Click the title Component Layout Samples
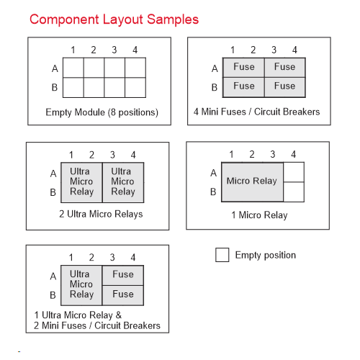click(114, 19)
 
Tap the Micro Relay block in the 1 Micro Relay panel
click(252, 182)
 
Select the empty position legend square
click(222, 255)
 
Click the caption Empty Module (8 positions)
click(102, 112)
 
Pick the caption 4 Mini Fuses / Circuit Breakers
click(256, 112)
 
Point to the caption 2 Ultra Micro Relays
click(101, 214)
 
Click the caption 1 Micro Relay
click(259, 215)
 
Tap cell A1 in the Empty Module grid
click(73, 68)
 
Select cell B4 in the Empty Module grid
click(135, 88)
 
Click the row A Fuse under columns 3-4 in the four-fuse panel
click(285, 68)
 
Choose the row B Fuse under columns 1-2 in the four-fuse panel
click(243, 87)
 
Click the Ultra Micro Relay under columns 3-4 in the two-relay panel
click(123, 182)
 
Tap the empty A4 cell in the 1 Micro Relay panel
click(294, 172)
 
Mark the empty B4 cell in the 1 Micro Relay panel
click(294, 192)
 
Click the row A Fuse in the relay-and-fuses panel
click(123, 275)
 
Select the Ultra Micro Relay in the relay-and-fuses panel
click(81, 285)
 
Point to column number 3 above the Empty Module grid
click(114, 50)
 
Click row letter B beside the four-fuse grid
click(215, 87)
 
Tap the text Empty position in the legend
click(266, 256)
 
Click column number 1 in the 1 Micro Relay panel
click(231, 154)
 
